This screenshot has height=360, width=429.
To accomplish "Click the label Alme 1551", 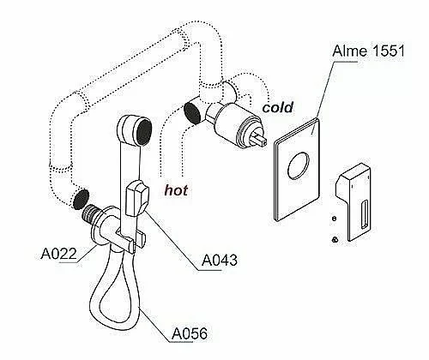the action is pyautogui.click(x=369, y=51).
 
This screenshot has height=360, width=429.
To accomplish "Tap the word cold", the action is pyautogui.click(x=278, y=107).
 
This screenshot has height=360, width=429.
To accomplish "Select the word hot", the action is pyautogui.click(x=176, y=190).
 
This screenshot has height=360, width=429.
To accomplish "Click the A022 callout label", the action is pyautogui.click(x=59, y=254).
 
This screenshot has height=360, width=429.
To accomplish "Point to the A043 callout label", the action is pyautogui.click(x=220, y=260).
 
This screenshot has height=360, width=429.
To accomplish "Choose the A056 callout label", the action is pyautogui.click(x=190, y=333).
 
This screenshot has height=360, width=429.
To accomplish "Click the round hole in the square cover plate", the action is pyautogui.click(x=299, y=165).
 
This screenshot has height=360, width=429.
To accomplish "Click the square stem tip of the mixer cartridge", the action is pyautogui.click(x=261, y=141).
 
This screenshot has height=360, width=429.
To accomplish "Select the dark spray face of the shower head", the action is pyautogui.click(x=144, y=132).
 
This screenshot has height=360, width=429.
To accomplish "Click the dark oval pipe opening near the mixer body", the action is pyautogui.click(x=192, y=113).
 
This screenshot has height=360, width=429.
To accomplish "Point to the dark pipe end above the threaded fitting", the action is pyautogui.click(x=81, y=199).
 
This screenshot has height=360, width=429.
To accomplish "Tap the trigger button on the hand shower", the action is pyautogui.click(x=136, y=199).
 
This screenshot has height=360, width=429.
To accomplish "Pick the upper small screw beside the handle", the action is pyautogui.click(x=334, y=219).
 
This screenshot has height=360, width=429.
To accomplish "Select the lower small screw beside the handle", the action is pyautogui.click(x=335, y=239).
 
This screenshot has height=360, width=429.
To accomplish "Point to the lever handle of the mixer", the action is pyautogui.click(x=354, y=202).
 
